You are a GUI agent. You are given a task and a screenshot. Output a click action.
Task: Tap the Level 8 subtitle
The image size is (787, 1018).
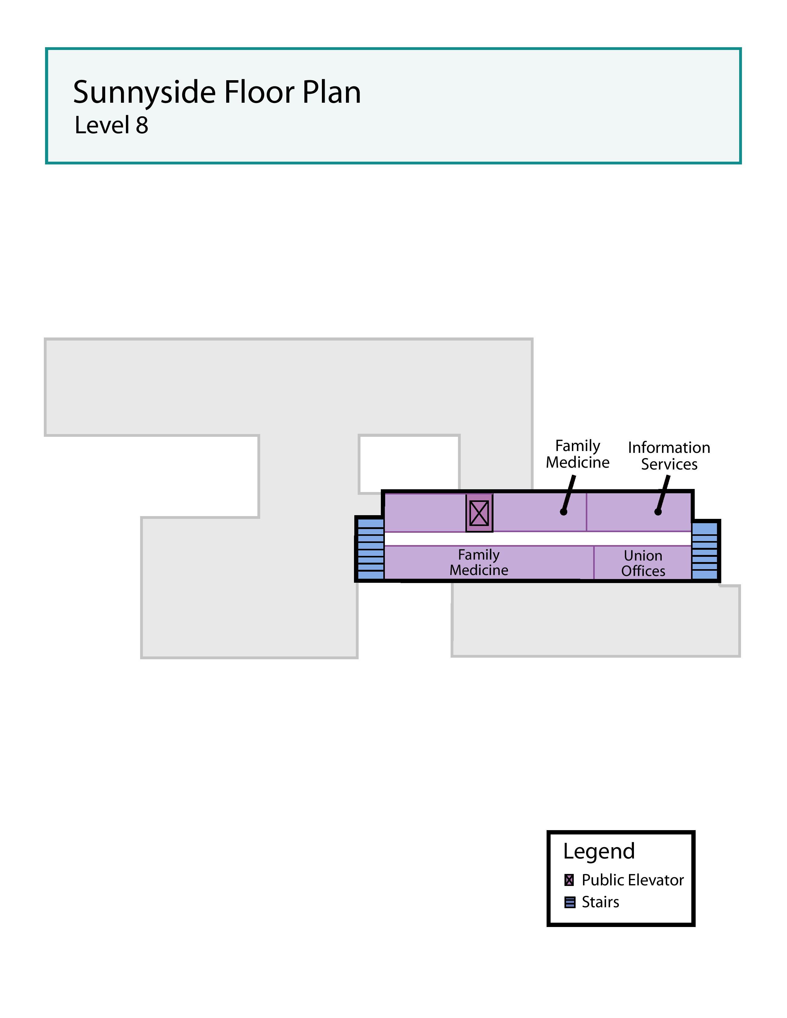pos(111,125)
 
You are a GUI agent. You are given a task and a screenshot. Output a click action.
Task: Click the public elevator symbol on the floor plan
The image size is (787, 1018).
pos(479,513)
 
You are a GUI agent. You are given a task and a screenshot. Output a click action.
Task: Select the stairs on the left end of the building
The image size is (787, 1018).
pos(370,549)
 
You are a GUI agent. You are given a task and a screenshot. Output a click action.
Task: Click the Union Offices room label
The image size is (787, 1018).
pos(643,563)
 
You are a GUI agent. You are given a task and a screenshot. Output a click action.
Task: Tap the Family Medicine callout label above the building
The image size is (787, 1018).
pos(578,454)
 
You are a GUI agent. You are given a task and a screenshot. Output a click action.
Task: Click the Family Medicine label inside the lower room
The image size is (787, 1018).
pos(479,562)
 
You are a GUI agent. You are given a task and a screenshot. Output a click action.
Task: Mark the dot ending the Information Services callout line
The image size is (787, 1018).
pos(658,512)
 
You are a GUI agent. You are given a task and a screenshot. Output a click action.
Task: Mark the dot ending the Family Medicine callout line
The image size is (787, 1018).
pos(564,512)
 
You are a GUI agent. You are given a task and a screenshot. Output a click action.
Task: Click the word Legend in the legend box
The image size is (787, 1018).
pos(599,851)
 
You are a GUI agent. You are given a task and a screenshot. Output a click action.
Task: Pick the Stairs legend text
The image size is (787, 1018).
pos(600,902)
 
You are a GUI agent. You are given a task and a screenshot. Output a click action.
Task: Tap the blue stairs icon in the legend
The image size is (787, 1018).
pos(569,902)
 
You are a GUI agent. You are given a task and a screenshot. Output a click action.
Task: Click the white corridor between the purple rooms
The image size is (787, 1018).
pos(536,539)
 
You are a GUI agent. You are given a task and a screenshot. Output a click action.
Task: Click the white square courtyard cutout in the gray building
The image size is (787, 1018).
pos(409,464)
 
